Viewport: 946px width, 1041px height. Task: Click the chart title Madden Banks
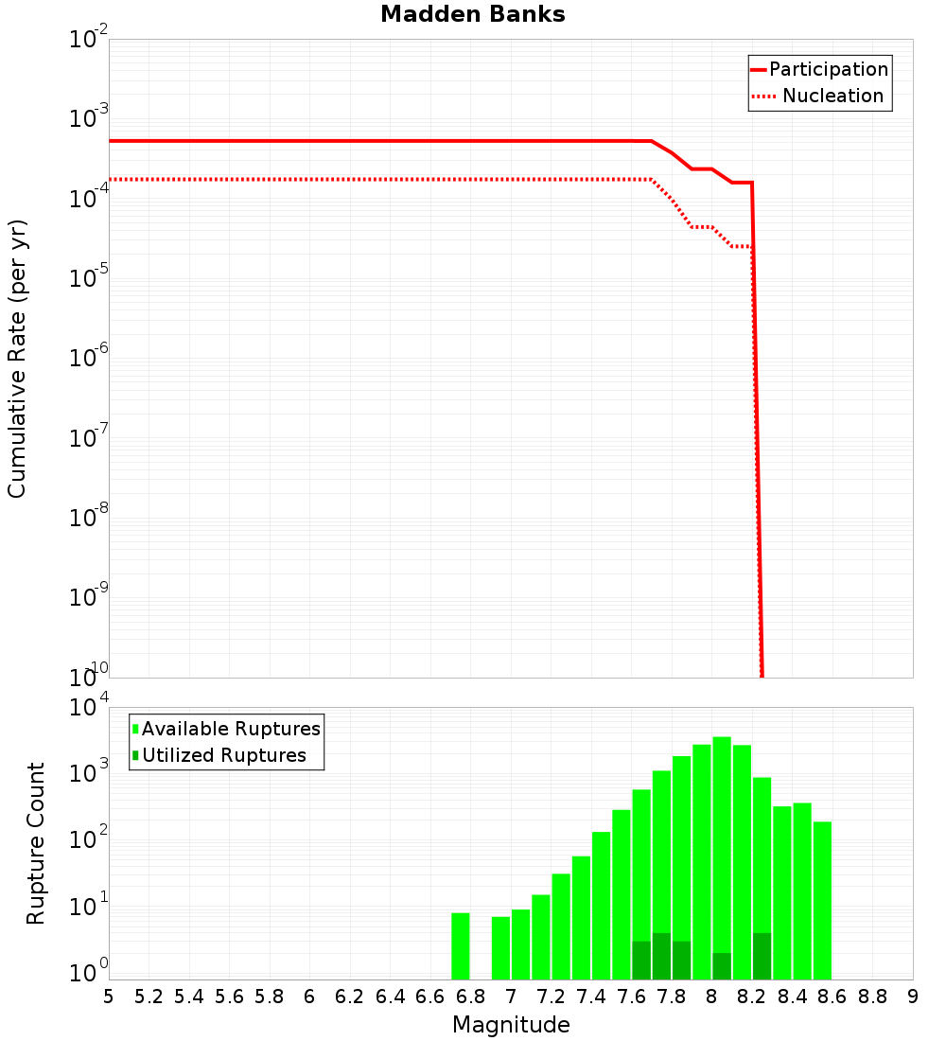pos(473,15)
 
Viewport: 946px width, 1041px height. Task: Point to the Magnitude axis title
pos(511,1025)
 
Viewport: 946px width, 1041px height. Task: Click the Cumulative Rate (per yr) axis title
pos(17,359)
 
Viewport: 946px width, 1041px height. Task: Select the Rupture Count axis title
pos(36,843)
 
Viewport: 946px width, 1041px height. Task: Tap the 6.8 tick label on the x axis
pos(470,997)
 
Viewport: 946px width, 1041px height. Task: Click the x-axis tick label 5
pos(109,997)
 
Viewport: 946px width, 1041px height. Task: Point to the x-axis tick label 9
pos(913,997)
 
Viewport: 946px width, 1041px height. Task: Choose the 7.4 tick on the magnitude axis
pos(591,997)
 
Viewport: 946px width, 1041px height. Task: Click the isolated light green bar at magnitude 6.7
pos(461,946)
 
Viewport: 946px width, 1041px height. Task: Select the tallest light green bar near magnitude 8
pos(722,857)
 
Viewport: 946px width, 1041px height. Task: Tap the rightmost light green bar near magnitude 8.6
pos(822,900)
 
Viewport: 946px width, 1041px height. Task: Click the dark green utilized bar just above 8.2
pos(762,956)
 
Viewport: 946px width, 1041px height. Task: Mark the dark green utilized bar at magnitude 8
pos(722,966)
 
